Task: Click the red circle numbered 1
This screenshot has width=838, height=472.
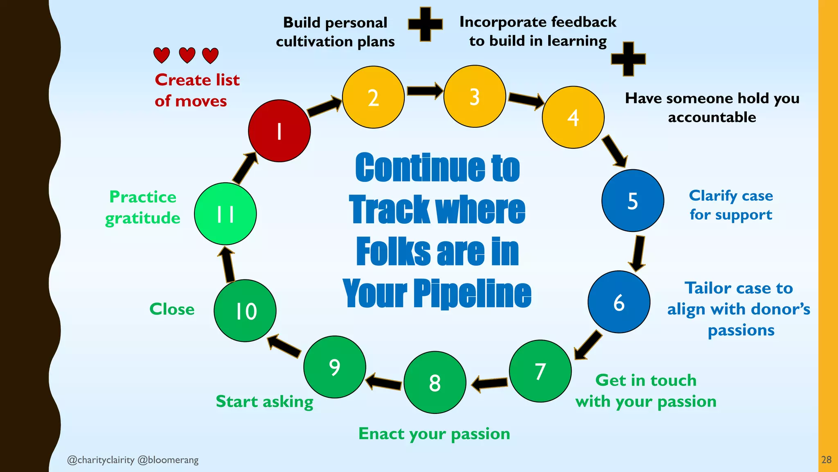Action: tap(279, 131)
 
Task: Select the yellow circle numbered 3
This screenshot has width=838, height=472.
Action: tap(475, 96)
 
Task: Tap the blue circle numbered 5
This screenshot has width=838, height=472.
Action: tap(633, 200)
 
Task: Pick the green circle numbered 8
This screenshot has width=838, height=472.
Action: tap(435, 382)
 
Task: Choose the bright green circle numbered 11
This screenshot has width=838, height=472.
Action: tap(225, 213)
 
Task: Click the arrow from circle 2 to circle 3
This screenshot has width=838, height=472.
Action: tap(424, 91)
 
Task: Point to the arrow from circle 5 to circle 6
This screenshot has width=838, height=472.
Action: tap(638, 253)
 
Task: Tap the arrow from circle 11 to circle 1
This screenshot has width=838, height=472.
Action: tap(245, 168)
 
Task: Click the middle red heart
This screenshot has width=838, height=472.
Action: tap(187, 55)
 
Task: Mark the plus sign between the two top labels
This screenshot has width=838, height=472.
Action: tap(425, 24)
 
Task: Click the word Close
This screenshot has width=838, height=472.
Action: tap(172, 309)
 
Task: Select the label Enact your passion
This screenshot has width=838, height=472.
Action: tap(434, 434)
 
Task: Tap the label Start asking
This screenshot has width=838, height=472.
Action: tap(264, 402)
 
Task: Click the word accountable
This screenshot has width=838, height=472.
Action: tap(712, 117)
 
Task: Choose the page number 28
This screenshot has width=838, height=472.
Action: tap(826, 460)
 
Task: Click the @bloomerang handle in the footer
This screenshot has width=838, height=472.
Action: tap(168, 460)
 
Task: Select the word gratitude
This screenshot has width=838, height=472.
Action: tap(142, 218)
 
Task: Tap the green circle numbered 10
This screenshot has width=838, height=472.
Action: tap(245, 311)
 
